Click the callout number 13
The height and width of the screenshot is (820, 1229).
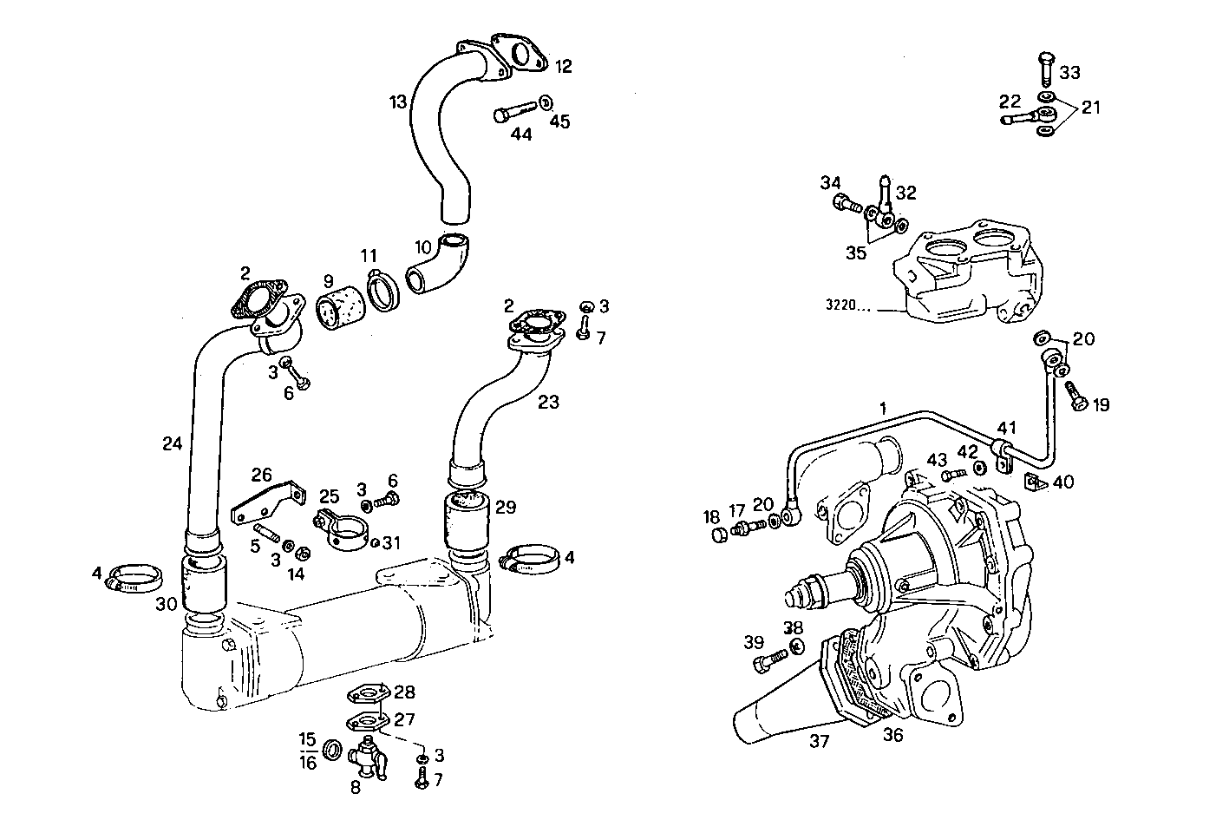(398, 102)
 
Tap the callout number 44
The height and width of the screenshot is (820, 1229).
(520, 134)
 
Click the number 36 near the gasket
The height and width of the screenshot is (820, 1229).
(892, 735)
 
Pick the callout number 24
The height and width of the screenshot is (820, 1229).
(172, 443)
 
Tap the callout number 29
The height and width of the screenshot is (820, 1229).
(506, 507)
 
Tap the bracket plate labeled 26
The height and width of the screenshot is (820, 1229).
(268, 503)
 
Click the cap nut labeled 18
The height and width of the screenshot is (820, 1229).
(717, 535)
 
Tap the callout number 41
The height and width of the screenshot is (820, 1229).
(1005, 428)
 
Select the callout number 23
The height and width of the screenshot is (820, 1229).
(548, 402)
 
